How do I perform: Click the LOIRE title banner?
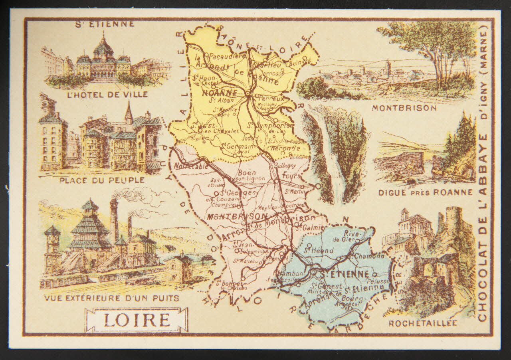[x=136, y=320]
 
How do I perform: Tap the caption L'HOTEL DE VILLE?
[x=108, y=95]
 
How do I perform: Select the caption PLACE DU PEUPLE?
[x=102, y=180]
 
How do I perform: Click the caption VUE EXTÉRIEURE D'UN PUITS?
[x=111, y=298]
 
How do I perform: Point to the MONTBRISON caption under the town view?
[x=404, y=108]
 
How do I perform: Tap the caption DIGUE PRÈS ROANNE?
[x=425, y=192]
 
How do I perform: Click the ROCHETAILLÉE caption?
[x=423, y=323]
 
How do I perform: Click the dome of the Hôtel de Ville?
[x=103, y=47]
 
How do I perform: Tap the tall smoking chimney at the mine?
[x=114, y=220]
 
